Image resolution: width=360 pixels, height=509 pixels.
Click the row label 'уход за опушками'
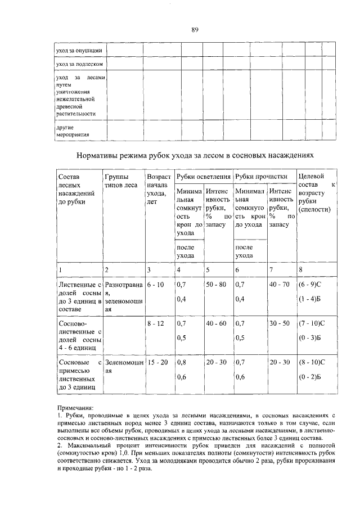click(x=79, y=51)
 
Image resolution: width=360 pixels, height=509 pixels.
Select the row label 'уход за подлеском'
click(x=79, y=64)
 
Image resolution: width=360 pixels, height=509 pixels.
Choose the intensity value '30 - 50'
click(x=279, y=324)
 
